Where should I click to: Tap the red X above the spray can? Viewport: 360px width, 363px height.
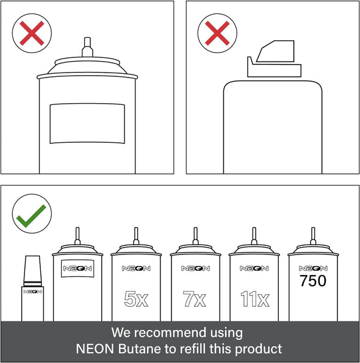32,33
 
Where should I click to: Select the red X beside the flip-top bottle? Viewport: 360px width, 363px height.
217,33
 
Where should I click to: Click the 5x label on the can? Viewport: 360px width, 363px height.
136,299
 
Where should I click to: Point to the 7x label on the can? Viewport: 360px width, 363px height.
194,299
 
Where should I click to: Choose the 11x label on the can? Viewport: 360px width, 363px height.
255,299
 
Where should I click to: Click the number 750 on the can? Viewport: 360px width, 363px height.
313,281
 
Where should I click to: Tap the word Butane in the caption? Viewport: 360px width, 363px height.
139,348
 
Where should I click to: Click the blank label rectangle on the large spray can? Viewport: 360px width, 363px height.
87,124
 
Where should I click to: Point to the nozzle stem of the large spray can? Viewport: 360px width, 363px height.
87,47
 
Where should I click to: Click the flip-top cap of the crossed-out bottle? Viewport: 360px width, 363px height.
275,59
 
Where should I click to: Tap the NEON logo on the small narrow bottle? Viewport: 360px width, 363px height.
32,292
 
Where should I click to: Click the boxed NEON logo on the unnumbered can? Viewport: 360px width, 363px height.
77,268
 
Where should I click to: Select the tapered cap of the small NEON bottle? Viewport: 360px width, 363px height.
32,271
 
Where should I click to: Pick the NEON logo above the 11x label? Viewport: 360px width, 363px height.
254,268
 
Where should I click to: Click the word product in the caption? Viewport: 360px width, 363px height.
259,349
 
